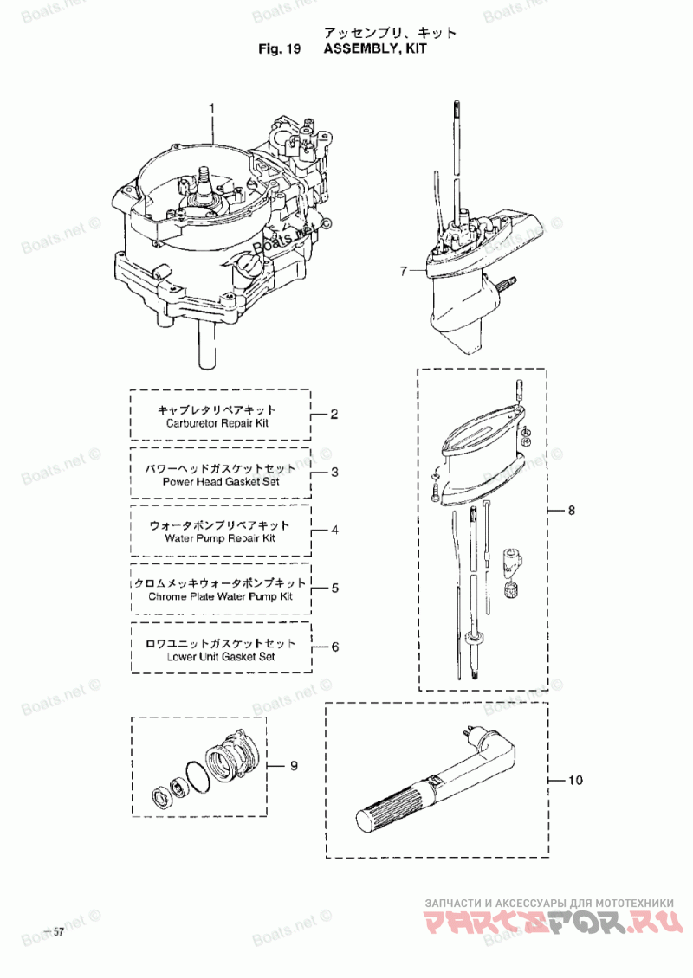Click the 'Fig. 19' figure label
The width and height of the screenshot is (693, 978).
[x=279, y=49]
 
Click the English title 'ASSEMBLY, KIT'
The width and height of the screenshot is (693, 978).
[x=375, y=49]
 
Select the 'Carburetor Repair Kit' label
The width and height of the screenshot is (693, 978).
[x=217, y=423]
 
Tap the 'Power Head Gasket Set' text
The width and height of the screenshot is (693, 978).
[x=221, y=481]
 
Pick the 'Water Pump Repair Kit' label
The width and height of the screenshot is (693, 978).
[x=220, y=539]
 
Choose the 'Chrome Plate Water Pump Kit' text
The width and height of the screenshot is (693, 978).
[x=220, y=596]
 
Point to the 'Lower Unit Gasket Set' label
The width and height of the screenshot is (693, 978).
[x=221, y=656]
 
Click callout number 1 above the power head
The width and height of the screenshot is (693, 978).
[x=211, y=108]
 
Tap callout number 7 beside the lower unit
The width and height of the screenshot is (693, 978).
[x=404, y=271]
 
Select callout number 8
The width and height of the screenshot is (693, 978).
[x=571, y=511]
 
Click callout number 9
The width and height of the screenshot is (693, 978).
[x=294, y=766]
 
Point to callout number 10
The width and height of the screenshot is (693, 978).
[x=575, y=781]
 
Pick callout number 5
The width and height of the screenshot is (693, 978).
[x=335, y=589]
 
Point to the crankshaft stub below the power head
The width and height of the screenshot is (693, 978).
[x=207, y=345]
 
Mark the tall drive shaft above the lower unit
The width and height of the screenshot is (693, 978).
[x=458, y=161]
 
